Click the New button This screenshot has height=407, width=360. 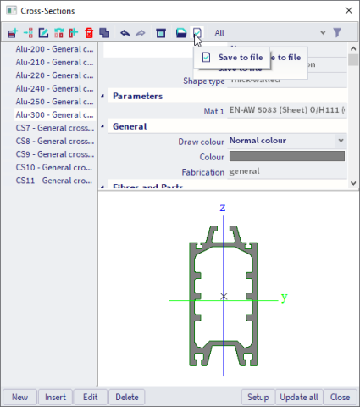coord(19,397)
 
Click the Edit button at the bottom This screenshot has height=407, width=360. coord(89,397)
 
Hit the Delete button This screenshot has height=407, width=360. coord(126,397)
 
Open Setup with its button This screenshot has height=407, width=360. coord(258,397)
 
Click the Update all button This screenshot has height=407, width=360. coord(299,397)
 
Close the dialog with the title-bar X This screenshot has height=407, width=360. coord(346,10)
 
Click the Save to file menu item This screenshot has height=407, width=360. coord(245,57)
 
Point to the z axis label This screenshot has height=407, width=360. coord(222,208)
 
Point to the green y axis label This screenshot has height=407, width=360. coord(285,298)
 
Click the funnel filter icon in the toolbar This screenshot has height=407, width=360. coord(337,33)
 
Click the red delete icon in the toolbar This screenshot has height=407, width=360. coord(89,33)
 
